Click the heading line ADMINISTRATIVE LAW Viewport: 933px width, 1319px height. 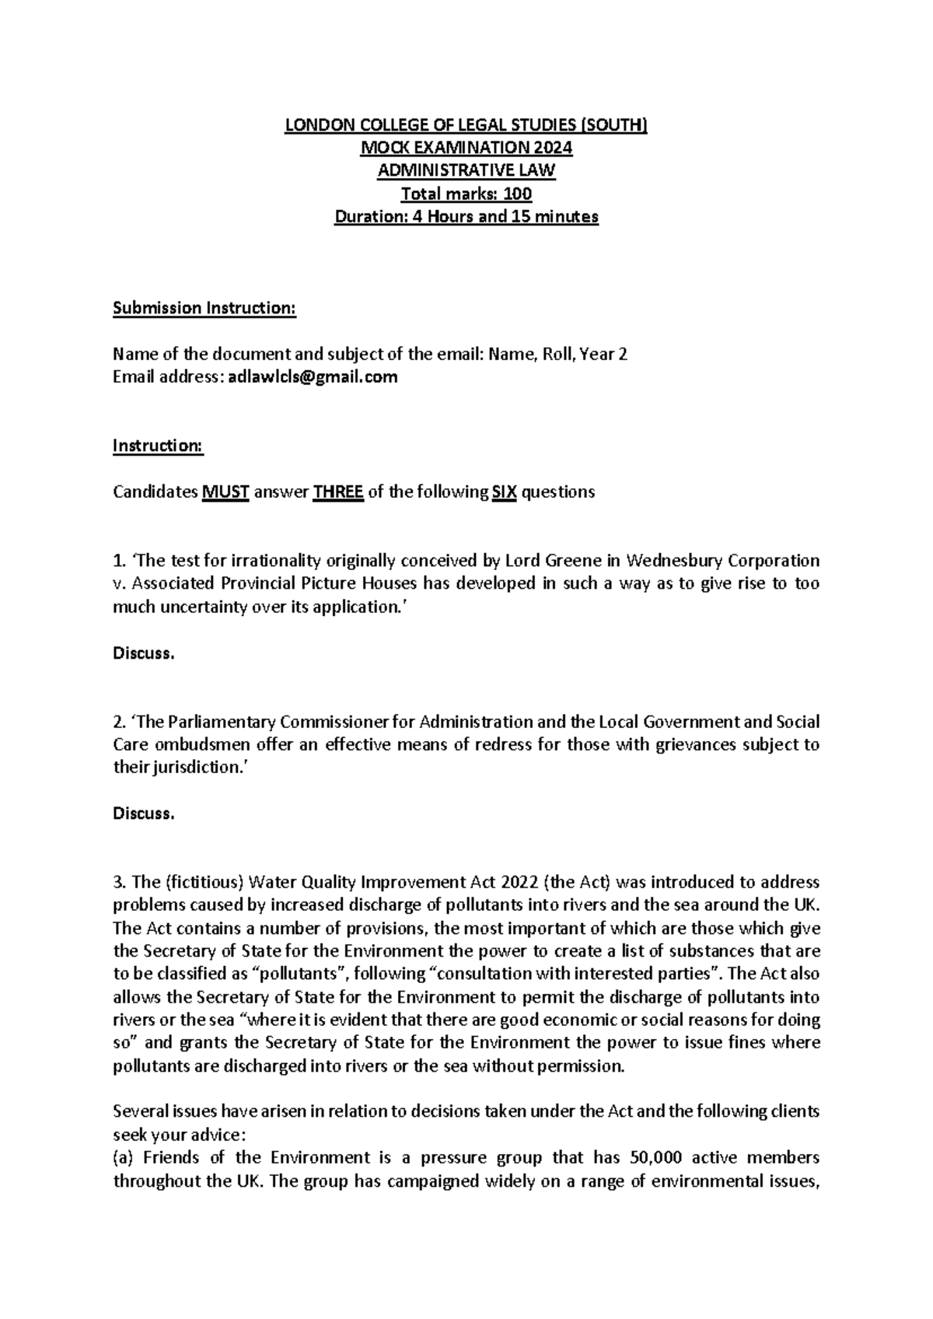[466, 170]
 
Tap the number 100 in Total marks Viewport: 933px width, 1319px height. [517, 194]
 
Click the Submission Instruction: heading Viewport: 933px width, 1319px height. [204, 308]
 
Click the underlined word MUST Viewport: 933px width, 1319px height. [225, 492]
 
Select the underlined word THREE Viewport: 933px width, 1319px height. [337, 492]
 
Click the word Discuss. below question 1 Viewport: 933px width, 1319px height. [144, 653]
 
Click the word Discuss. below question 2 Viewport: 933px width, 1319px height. [144, 813]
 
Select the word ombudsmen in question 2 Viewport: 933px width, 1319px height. [196, 744]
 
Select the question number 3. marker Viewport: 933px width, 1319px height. [119, 882]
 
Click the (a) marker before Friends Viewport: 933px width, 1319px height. [124, 1157]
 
